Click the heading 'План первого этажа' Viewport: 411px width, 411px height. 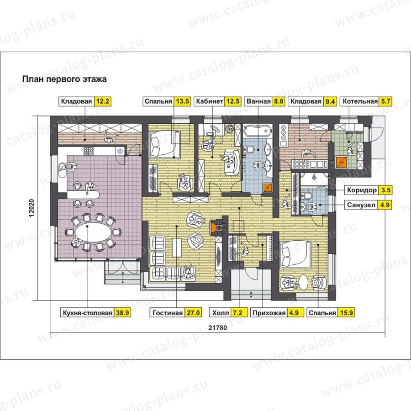[x=64, y=79]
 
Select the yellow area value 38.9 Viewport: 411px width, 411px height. [x=122, y=313]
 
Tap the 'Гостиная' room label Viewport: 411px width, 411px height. [x=168, y=313]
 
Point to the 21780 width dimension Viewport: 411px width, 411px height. [x=218, y=327]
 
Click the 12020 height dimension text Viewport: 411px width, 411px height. [x=32, y=208]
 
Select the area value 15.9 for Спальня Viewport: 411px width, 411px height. [x=346, y=313]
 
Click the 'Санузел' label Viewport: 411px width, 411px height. [x=361, y=205]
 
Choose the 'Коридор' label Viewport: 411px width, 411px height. [x=362, y=190]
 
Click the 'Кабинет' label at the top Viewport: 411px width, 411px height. [x=210, y=101]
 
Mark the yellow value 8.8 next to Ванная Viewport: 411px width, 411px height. [x=279, y=101]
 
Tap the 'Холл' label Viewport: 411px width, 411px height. [x=221, y=313]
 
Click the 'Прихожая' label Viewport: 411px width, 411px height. [x=269, y=313]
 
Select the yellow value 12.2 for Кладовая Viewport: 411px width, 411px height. [x=102, y=101]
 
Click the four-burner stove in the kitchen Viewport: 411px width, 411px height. [x=88, y=150]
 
